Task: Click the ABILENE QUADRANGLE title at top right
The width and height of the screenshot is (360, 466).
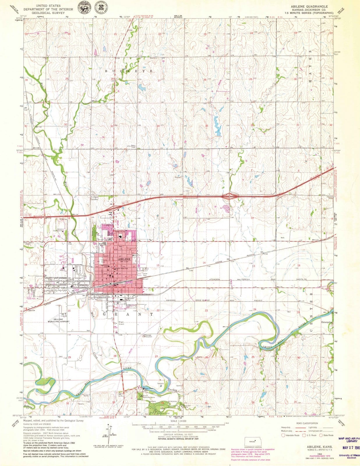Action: pyautogui.click(x=309, y=6)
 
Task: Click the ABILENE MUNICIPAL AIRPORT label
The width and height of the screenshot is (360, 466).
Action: pyautogui.click(x=59, y=321)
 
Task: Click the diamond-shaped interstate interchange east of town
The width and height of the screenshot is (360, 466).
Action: pyautogui.click(x=230, y=196)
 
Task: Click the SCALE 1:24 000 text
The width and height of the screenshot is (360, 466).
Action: pyautogui.click(x=179, y=421)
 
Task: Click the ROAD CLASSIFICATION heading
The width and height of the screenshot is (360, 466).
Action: pyautogui.click(x=307, y=423)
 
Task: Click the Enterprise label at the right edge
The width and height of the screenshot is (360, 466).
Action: pyautogui.click(x=327, y=322)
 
